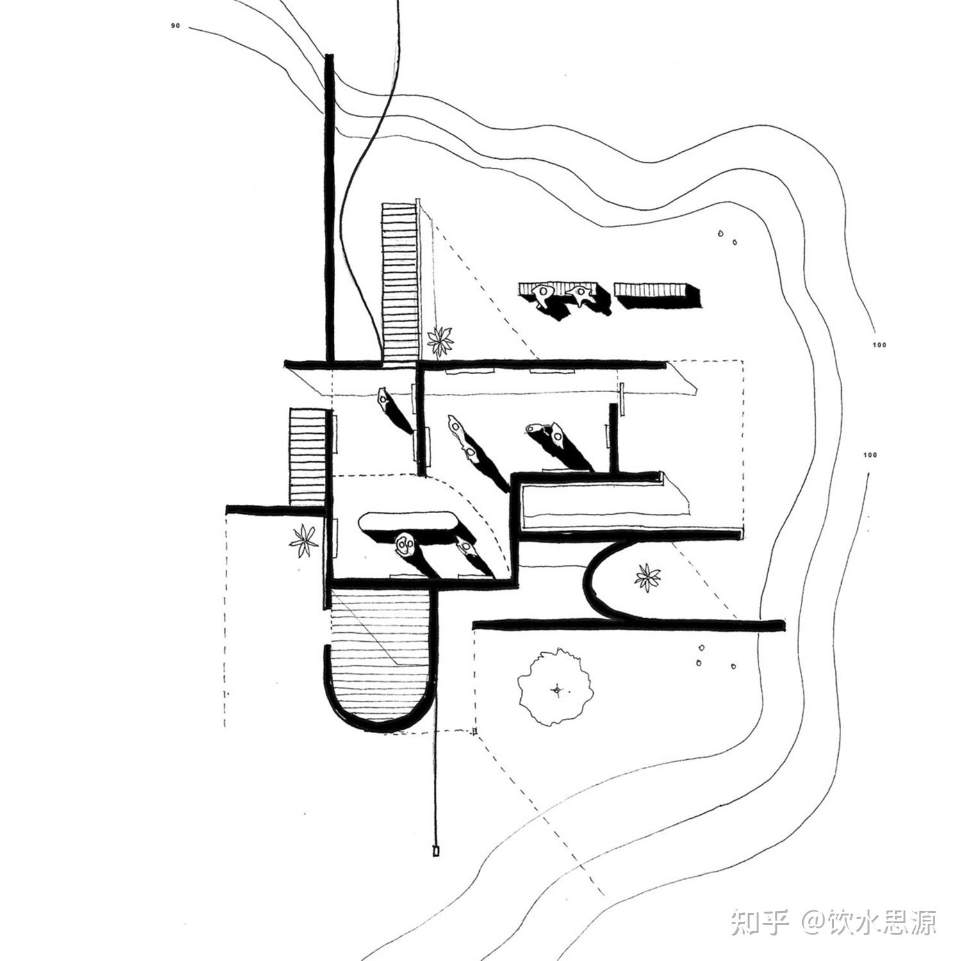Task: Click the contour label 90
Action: coord(176,26)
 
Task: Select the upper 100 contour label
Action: coord(879,345)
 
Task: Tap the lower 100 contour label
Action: coord(870,456)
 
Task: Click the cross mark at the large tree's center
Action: coord(557,690)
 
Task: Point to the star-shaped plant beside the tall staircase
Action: coord(441,340)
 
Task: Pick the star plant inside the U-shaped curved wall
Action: coord(648,577)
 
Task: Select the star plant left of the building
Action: coord(304,541)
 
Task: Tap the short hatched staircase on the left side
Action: coord(308,457)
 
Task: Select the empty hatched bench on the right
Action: coord(657,294)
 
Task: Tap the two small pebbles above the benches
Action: coord(728,237)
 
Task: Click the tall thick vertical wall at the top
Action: coord(330,208)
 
